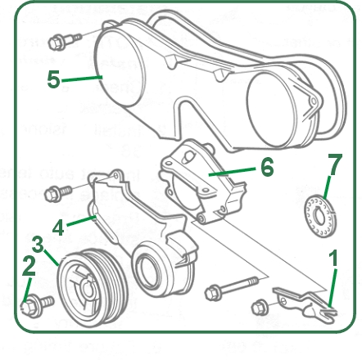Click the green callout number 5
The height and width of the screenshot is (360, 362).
point(53,79)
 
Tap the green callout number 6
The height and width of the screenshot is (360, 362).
point(267,167)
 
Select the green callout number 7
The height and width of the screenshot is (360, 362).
point(335,164)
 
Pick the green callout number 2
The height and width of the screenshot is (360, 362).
point(29,266)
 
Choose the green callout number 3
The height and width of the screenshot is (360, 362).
point(38,244)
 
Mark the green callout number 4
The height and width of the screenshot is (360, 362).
point(58,228)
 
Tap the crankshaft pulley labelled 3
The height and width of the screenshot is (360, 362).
point(93,288)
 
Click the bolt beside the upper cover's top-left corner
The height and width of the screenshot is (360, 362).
point(65,42)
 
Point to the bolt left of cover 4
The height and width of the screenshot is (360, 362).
point(58,193)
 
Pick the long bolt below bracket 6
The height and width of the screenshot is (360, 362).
point(231,289)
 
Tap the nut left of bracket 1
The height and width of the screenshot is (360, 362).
point(260,308)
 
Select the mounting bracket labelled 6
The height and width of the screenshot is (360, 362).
point(202,182)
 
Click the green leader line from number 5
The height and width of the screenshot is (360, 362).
point(82,79)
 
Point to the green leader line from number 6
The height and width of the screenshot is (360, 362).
point(232,172)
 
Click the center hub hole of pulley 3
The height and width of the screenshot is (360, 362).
point(88,290)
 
